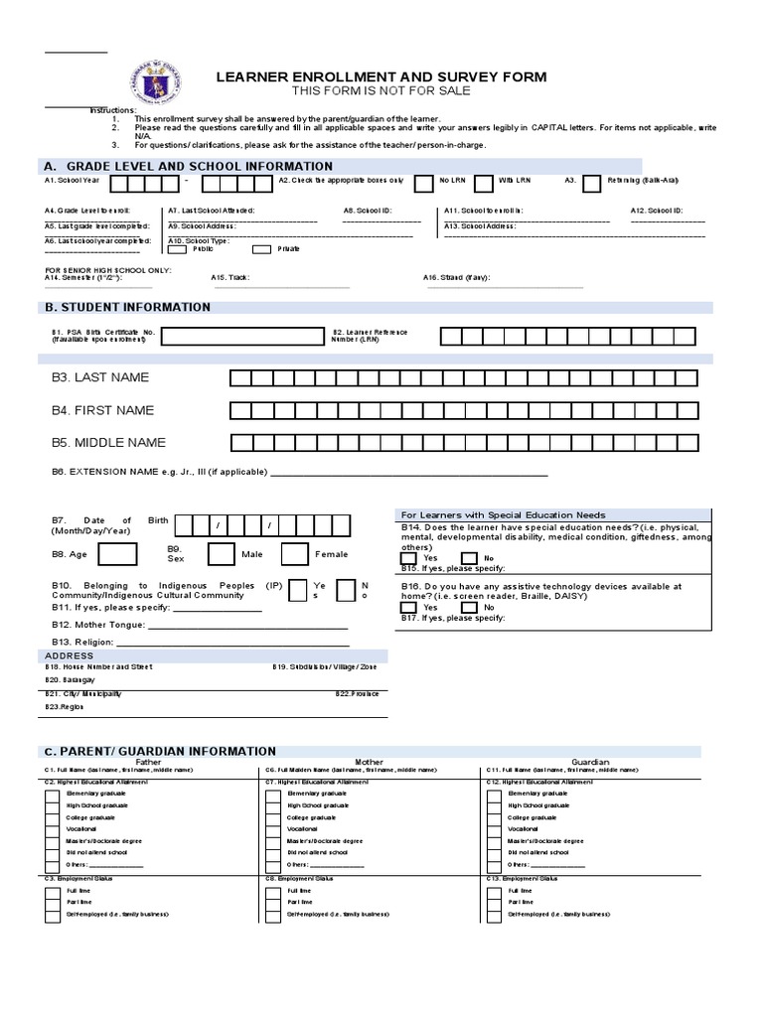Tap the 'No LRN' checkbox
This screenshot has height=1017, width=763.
coord(422,183)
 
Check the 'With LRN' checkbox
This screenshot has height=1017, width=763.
coord(483,183)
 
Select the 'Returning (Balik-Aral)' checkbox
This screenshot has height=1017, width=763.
coord(591,183)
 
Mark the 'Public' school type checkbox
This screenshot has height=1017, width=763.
coord(179,249)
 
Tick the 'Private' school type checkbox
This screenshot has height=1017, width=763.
coord(261,249)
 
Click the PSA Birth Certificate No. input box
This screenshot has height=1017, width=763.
coord(242,336)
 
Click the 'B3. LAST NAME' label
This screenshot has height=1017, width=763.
coord(100,377)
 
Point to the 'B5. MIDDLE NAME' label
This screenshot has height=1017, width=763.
coord(109,443)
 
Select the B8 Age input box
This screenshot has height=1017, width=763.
coord(118,554)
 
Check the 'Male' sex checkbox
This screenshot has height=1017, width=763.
coord(222,554)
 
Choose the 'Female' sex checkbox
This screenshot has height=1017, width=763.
coord(295,554)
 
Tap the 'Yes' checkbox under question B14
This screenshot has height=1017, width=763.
coord(408,558)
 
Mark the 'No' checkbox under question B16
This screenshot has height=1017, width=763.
coord(468,607)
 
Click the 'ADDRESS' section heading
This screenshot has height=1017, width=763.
coord(69,656)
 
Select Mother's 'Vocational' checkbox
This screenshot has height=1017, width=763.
coord(272,828)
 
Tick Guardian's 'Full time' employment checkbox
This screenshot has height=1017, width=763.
coord(494,891)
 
